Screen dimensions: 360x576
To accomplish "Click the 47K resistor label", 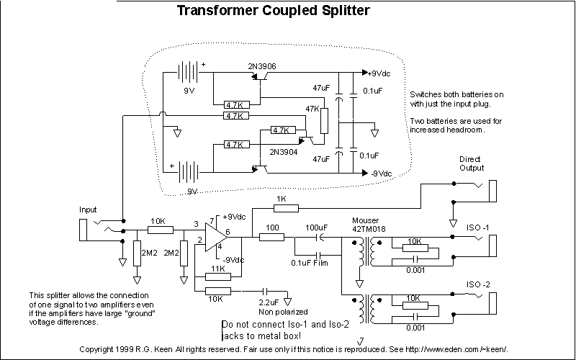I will pos(312,108).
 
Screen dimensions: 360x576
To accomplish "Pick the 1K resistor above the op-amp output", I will pos(286,208).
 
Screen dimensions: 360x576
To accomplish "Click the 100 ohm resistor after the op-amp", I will pos(271,235).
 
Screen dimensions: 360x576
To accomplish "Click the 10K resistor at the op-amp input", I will pos(160,230).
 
